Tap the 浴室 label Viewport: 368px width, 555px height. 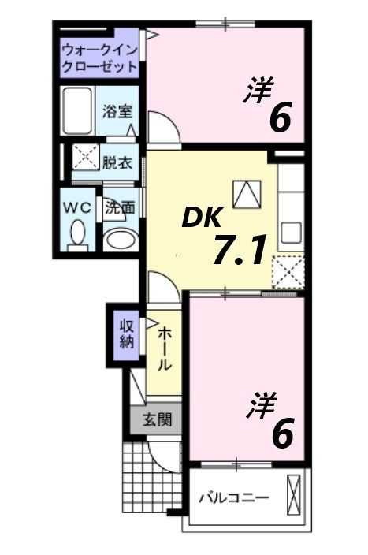coord(116,111)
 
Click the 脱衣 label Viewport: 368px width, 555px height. coord(117,163)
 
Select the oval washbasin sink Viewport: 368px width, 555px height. coord(121,240)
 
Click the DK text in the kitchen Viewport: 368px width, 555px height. coord(204,214)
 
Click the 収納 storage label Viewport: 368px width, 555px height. coord(126,334)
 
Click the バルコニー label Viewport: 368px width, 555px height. coord(234,497)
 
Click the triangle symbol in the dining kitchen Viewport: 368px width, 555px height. coord(246,192)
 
